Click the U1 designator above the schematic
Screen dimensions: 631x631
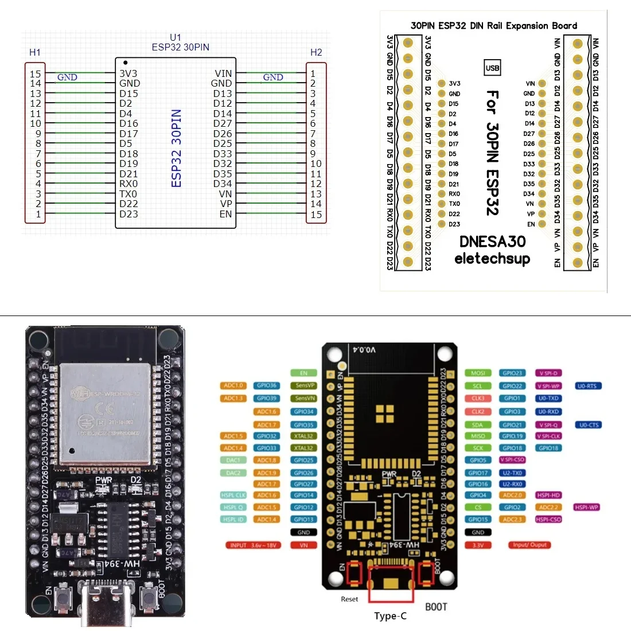[x=176, y=37]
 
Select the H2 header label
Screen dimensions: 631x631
[x=316, y=52]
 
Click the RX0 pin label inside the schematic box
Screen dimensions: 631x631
[x=128, y=184]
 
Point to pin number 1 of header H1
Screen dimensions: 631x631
[x=38, y=214]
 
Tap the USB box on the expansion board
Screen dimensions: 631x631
[x=492, y=68]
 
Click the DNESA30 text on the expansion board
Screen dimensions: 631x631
[x=492, y=242]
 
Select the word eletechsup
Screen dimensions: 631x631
[x=492, y=259]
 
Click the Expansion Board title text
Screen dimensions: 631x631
[x=493, y=25]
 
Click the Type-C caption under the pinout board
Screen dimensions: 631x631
[x=390, y=616]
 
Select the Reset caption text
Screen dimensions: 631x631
[x=349, y=599]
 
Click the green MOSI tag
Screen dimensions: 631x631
[x=478, y=373]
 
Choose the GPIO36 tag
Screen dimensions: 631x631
[x=267, y=385]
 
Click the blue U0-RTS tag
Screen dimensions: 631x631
[x=588, y=386]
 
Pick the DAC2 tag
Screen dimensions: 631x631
[x=233, y=473]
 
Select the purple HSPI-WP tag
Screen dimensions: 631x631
[x=586, y=507]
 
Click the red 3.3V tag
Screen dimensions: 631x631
[x=478, y=545]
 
